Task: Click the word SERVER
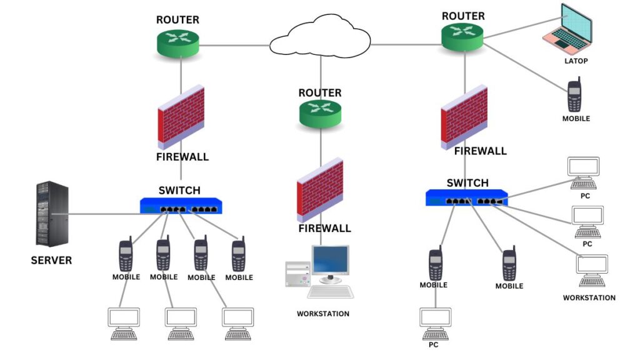51,260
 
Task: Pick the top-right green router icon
462,37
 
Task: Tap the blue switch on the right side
466,197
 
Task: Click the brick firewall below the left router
181,117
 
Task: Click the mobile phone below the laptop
575,95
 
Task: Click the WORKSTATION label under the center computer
322,314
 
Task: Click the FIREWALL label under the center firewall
324,228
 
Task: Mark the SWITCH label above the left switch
179,191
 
